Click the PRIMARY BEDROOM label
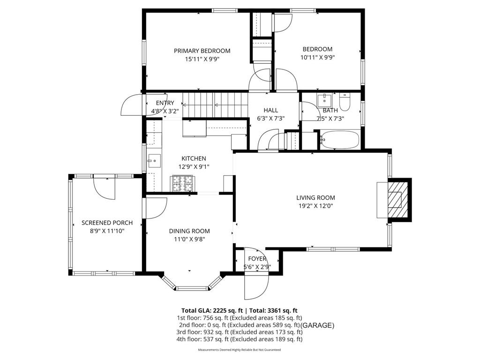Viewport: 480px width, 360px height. pos(202,51)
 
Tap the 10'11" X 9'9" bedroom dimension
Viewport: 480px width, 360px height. pos(317,58)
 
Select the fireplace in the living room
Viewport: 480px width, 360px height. pos(395,200)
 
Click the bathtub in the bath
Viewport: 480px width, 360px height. pos(339,140)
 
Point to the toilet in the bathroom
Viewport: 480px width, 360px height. pos(345,101)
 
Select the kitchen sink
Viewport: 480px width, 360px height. pos(153,160)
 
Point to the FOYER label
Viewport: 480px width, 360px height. pos(257,259)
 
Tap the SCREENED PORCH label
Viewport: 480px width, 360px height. pos(107,223)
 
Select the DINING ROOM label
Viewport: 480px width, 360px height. pos(189,231)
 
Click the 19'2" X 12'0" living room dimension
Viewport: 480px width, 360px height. pos(315,205)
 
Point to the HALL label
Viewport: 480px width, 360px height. pos(271,110)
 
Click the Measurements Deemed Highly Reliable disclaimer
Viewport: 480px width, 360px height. pos(240,350)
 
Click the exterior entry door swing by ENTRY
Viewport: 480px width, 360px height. pos(131,106)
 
